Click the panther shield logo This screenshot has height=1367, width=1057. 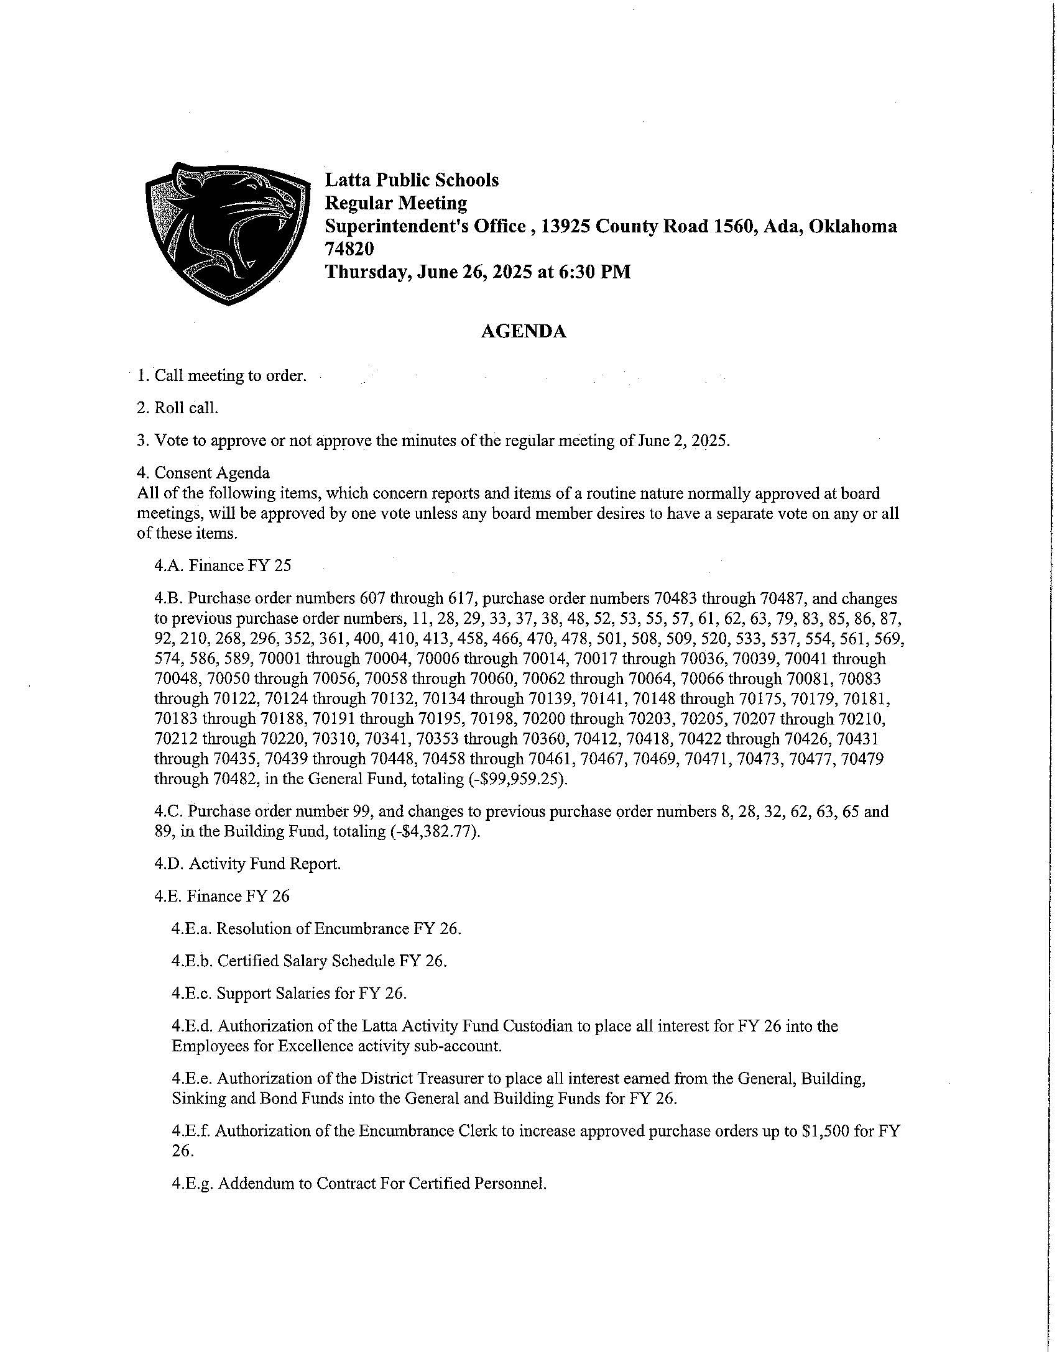[x=228, y=233]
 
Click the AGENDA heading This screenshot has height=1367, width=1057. [x=524, y=332]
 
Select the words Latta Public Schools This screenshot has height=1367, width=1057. [x=412, y=180]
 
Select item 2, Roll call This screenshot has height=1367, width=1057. [x=178, y=408]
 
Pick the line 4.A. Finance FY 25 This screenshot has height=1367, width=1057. [x=223, y=566]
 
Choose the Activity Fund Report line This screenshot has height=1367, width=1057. [x=247, y=864]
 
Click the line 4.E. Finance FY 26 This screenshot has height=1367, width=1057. [x=222, y=896]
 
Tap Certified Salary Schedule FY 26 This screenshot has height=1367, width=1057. [x=309, y=961]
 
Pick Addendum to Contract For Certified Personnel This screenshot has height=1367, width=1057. [x=359, y=1184]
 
